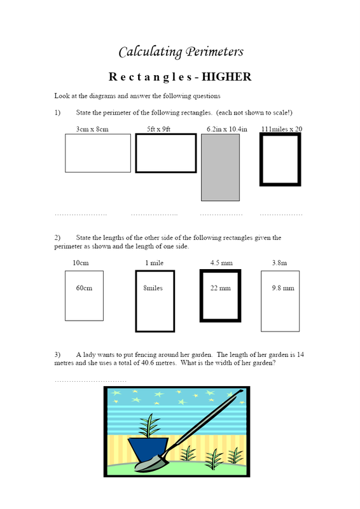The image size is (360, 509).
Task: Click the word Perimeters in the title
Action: click(214, 52)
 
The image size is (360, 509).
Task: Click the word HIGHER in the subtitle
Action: click(226, 77)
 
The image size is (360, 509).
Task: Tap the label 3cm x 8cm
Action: click(92, 129)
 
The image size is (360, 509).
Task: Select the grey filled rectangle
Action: click(221, 167)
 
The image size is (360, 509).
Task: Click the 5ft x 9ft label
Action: click(158, 129)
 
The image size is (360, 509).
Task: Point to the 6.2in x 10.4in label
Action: click(227, 129)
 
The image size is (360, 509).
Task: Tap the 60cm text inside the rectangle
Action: click(84, 288)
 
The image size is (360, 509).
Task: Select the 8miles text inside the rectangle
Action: click(153, 288)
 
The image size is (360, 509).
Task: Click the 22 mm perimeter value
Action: click(221, 288)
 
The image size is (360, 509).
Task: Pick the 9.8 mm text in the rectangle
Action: click(283, 288)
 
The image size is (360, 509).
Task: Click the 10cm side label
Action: click(81, 263)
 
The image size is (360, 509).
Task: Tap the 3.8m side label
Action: click(279, 263)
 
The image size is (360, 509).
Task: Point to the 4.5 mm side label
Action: click(221, 263)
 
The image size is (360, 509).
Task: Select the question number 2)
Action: click(57, 237)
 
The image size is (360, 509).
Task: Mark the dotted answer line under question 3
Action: click(90, 381)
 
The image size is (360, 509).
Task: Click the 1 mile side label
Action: click(154, 263)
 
